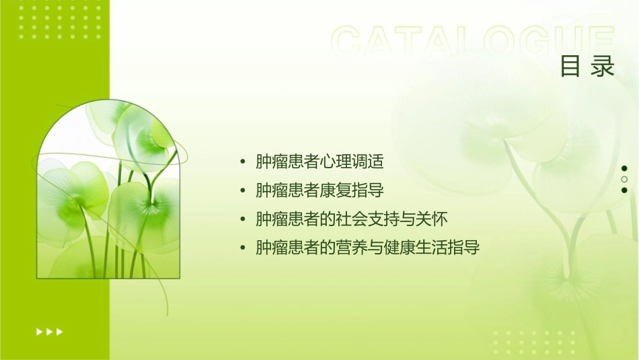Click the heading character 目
[x=570, y=67]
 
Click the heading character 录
[x=603, y=67]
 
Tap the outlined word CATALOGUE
[x=474, y=42]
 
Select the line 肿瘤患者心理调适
[x=319, y=162]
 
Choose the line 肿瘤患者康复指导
[x=319, y=190]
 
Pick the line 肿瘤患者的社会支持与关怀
[x=352, y=219]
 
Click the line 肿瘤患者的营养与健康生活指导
[x=367, y=248]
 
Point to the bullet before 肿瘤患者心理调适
[x=242, y=163]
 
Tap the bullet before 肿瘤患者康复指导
[x=242, y=191]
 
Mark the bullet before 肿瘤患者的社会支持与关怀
[x=242, y=220]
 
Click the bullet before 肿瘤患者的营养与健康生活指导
[x=242, y=248]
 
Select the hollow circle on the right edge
[x=624, y=179]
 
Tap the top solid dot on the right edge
[x=624, y=168]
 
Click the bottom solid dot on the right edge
[x=624, y=190]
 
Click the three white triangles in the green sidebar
[x=49, y=331]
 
